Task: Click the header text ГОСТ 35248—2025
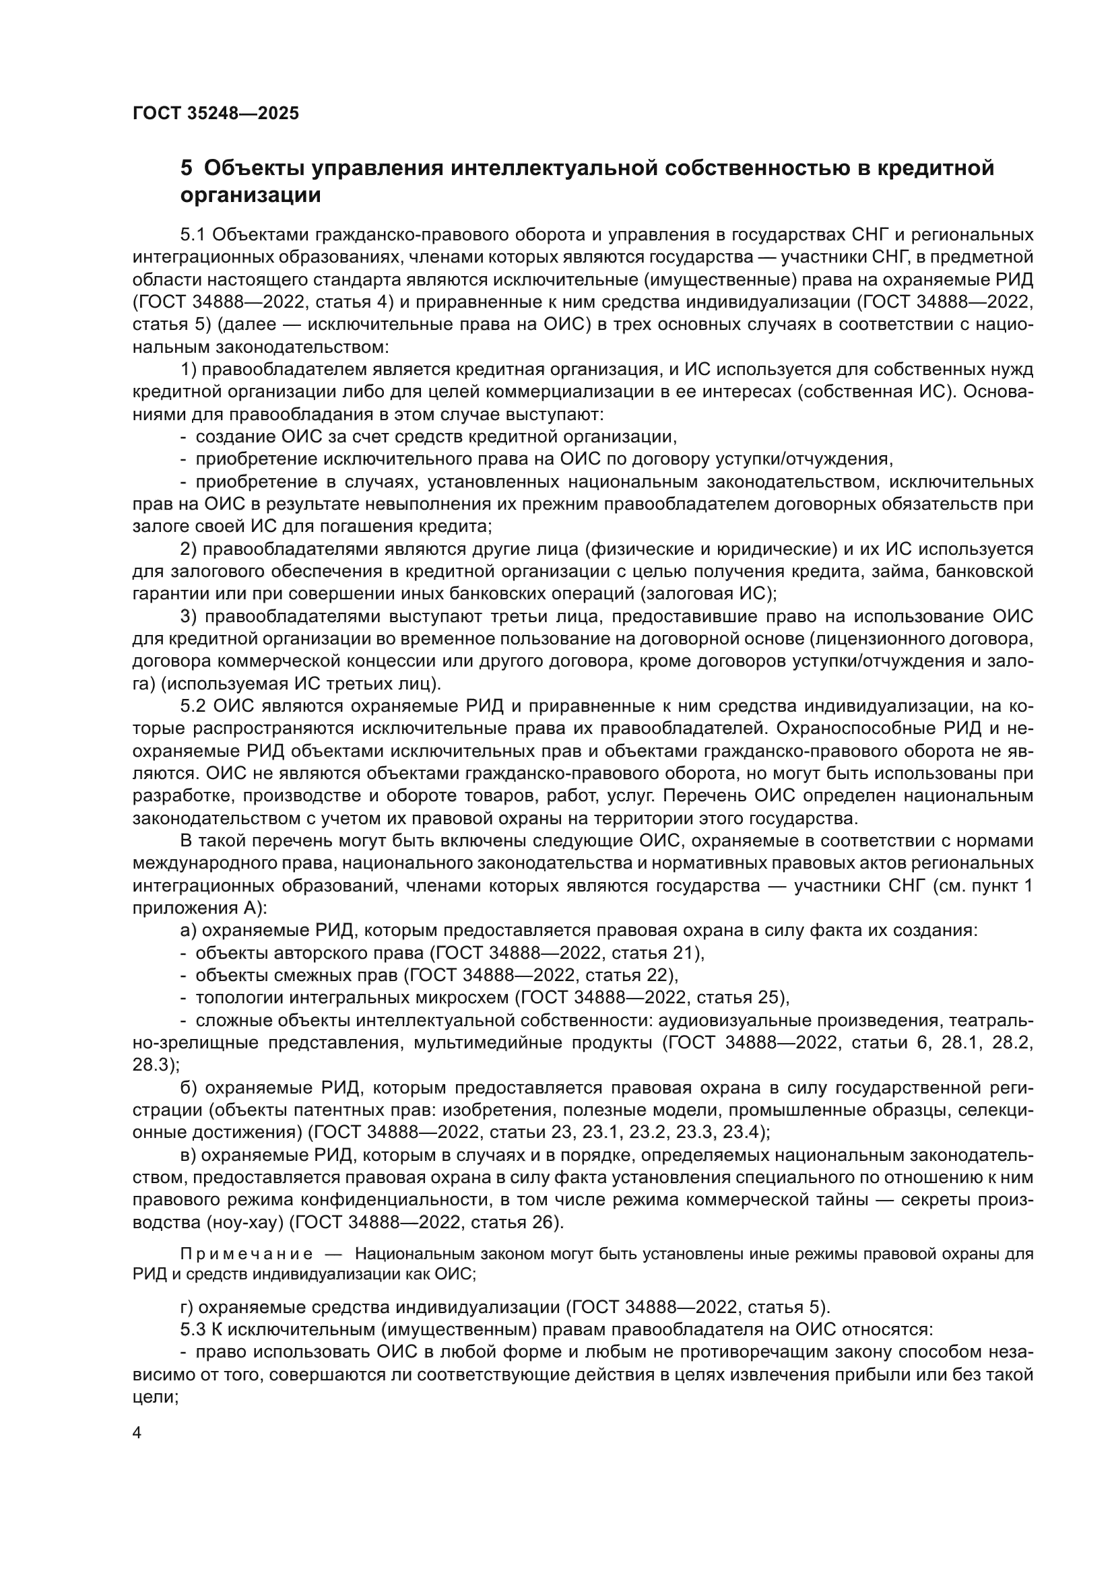pyautogui.click(x=216, y=113)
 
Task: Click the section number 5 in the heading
pyautogui.click(x=186, y=168)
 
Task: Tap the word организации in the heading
pyautogui.click(x=251, y=196)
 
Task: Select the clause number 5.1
pyautogui.click(x=193, y=235)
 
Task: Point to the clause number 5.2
pyautogui.click(x=193, y=706)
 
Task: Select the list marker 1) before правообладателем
pyautogui.click(x=189, y=370)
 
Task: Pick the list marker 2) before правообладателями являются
pyautogui.click(x=189, y=549)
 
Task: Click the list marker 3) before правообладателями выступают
pyautogui.click(x=189, y=617)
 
